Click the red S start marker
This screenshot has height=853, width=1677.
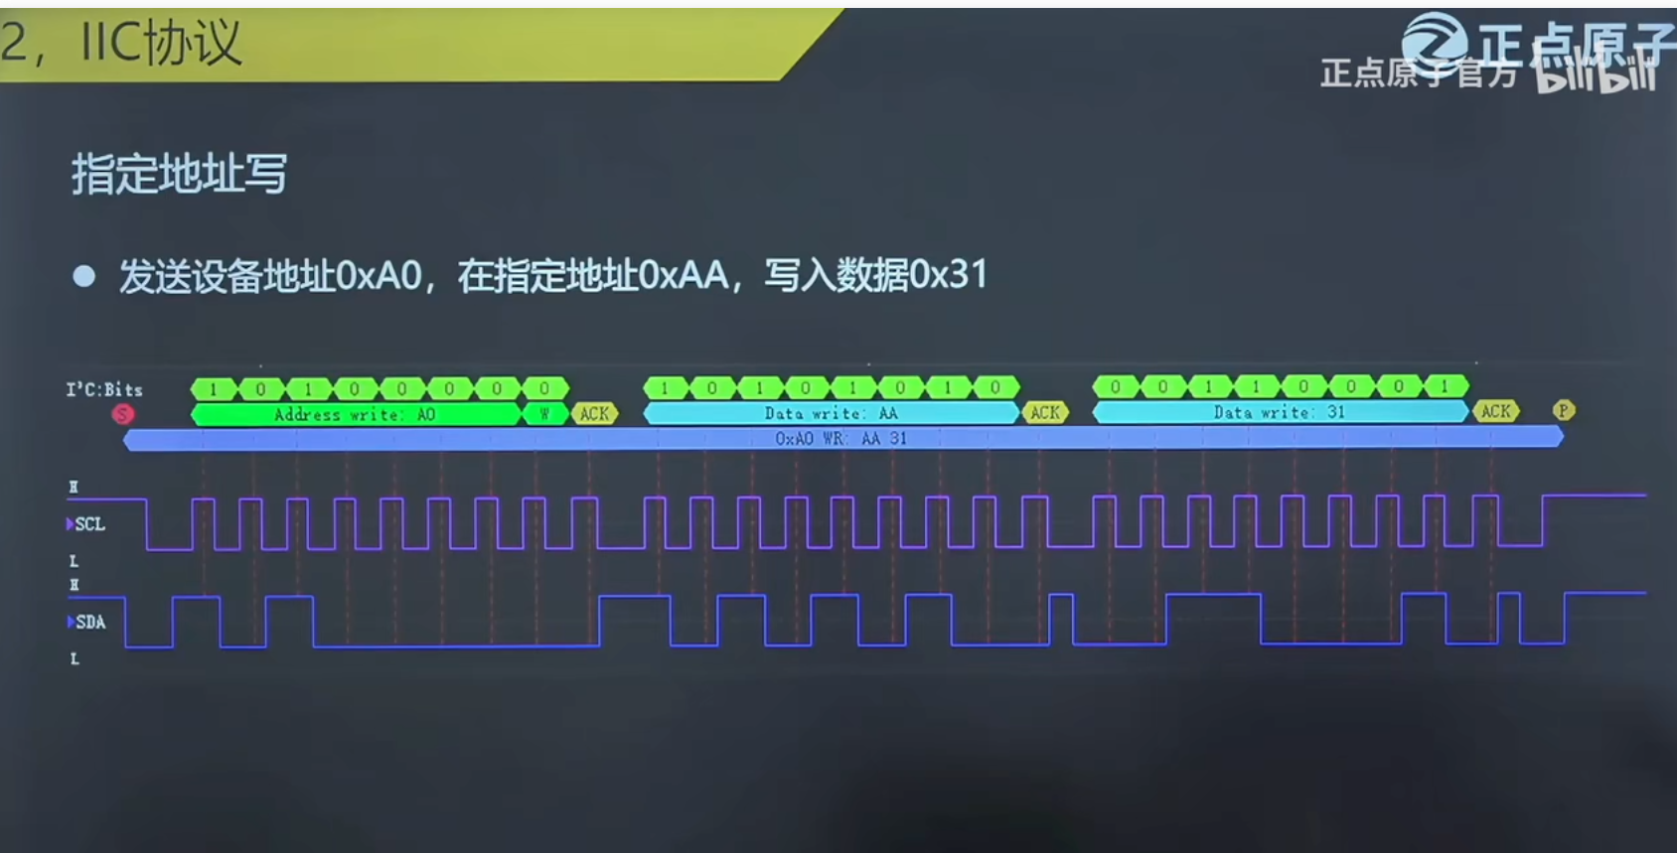tap(123, 414)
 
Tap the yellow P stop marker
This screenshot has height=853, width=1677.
tap(1563, 410)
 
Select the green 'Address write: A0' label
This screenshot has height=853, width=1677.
tap(355, 414)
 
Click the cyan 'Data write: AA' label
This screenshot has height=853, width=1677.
tap(831, 413)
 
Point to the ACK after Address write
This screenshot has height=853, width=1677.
tap(594, 414)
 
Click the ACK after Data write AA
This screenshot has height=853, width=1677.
tap(1045, 413)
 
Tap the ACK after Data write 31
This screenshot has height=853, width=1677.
tap(1495, 411)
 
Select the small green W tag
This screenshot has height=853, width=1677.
tap(544, 414)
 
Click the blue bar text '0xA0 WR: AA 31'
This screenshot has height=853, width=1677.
tap(840, 438)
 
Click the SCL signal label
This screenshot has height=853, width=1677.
tap(89, 524)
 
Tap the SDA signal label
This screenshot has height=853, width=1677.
tap(90, 623)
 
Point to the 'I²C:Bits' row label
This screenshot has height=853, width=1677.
tap(104, 389)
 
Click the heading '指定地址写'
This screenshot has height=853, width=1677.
tap(179, 174)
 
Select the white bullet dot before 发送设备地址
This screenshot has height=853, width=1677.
tap(84, 276)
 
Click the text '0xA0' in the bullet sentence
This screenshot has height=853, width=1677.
tap(379, 275)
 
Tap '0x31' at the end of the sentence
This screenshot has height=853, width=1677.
tap(948, 275)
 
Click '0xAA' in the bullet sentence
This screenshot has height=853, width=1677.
tap(683, 275)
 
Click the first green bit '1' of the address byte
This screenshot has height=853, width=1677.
tap(214, 388)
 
